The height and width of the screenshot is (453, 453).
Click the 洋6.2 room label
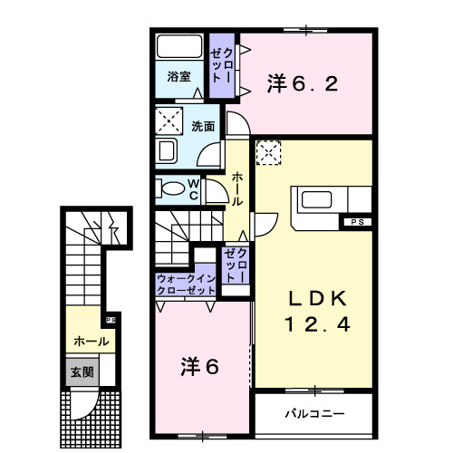pyautogui.click(x=303, y=84)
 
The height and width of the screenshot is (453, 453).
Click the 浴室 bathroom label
pyautogui.click(x=178, y=78)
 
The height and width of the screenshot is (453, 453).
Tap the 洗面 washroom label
pyautogui.click(x=203, y=126)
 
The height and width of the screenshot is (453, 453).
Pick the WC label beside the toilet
pyautogui.click(x=193, y=188)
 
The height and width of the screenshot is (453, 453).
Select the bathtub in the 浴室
pyautogui.click(x=179, y=47)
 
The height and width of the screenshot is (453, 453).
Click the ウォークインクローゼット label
pyautogui.click(x=186, y=284)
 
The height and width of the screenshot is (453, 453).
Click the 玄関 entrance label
pyautogui.click(x=79, y=371)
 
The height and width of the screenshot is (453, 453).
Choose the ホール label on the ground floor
pyautogui.click(x=92, y=342)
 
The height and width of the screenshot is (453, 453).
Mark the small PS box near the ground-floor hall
pyautogui.click(x=111, y=319)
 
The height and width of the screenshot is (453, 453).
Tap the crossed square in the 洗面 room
pyautogui.click(x=169, y=118)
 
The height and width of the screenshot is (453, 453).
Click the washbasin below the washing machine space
pyautogui.click(x=169, y=150)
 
